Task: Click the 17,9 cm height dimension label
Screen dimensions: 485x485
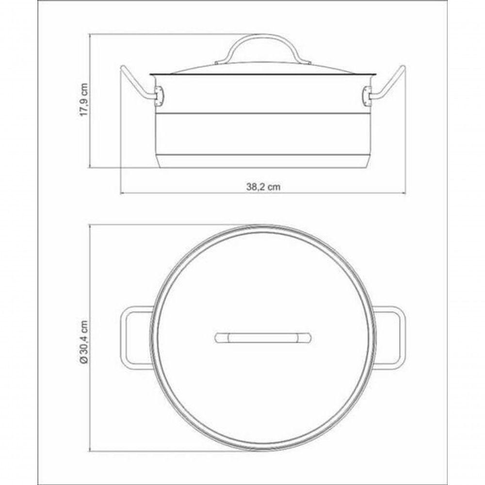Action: point(84,99)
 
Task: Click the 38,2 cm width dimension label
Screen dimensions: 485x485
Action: point(263,187)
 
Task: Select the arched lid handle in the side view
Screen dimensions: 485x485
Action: point(263,47)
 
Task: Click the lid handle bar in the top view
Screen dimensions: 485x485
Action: point(263,338)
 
